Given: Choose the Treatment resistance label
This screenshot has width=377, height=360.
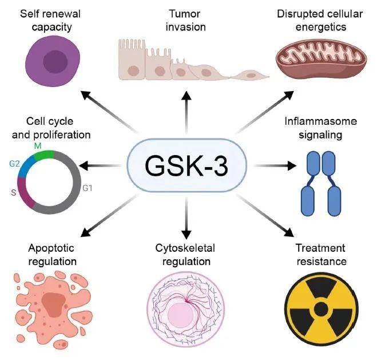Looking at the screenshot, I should point(320,255).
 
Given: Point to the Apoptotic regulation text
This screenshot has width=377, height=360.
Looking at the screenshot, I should point(51,255).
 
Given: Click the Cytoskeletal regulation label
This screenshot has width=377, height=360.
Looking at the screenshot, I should point(184,255).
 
